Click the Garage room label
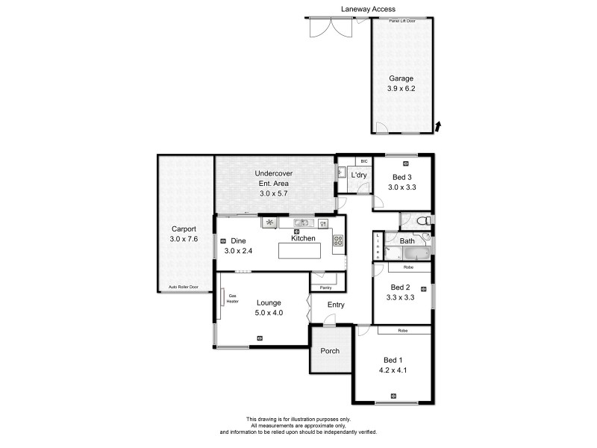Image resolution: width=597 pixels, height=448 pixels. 401,78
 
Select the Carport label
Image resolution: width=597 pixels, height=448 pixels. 183,229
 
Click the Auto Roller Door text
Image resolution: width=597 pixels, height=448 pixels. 184,287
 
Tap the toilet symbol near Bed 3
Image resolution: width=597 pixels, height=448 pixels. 422,220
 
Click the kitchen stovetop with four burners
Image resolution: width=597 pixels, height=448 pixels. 337,240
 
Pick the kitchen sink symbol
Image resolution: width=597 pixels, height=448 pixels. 300,223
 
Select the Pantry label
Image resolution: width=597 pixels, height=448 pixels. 325,287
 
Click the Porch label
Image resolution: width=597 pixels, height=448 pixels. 330,351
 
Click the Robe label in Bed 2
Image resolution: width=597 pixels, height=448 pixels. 408,267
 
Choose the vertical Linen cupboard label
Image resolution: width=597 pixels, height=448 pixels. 378,245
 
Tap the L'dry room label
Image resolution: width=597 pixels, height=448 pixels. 360,175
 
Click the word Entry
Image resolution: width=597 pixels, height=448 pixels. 336,304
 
